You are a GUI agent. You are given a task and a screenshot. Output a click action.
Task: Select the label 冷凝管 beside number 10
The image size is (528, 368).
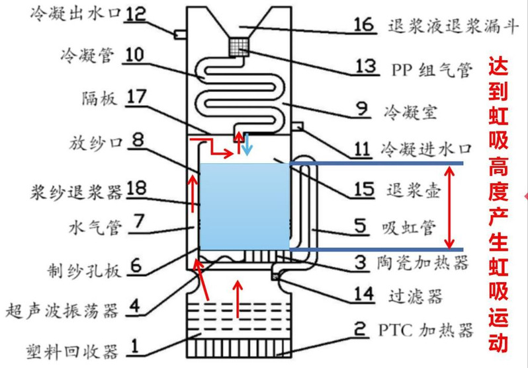click(83, 55)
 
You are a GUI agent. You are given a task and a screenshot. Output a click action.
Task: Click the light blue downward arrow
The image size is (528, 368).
click(246, 145)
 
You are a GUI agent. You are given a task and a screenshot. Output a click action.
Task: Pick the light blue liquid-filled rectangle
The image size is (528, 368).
click(244, 206)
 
